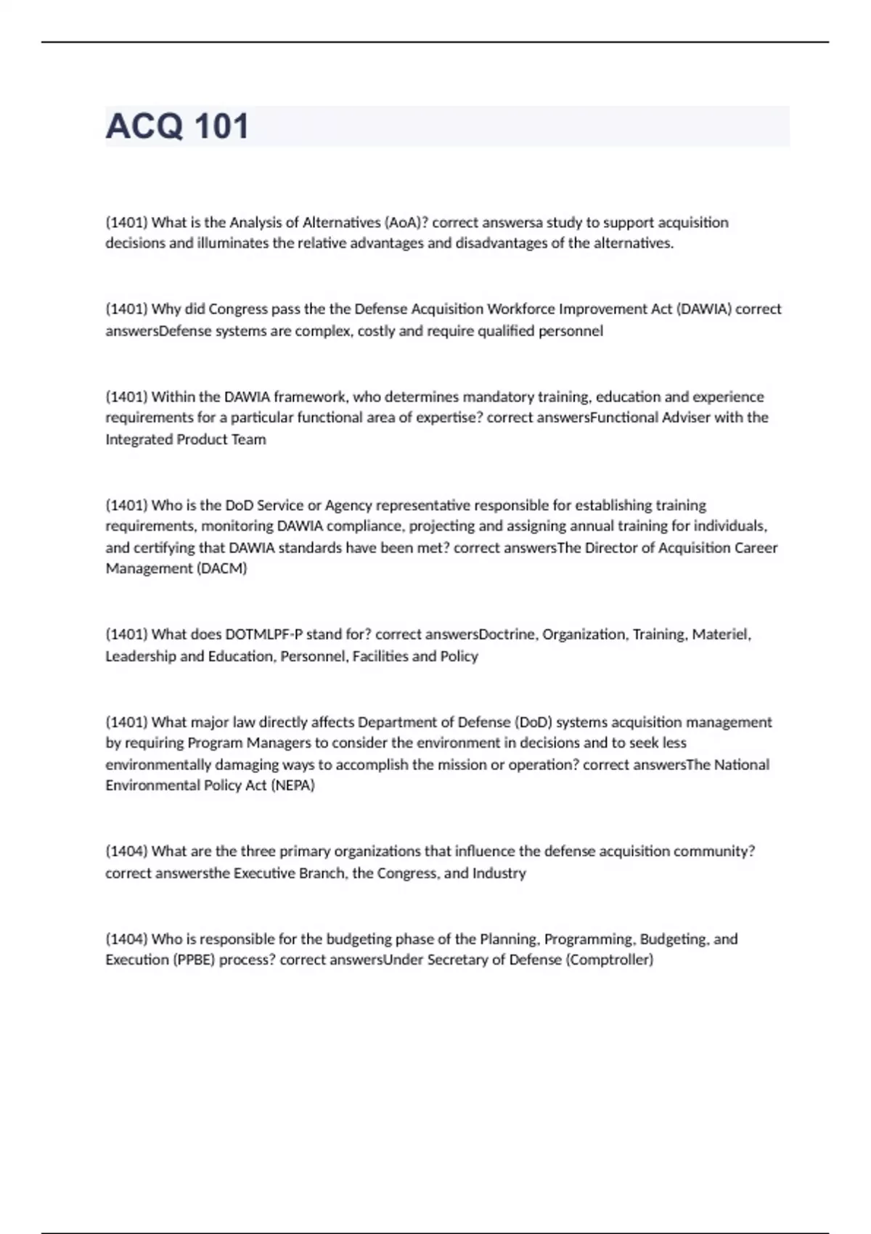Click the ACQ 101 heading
177,126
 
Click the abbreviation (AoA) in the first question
406,222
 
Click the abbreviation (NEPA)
293,785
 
